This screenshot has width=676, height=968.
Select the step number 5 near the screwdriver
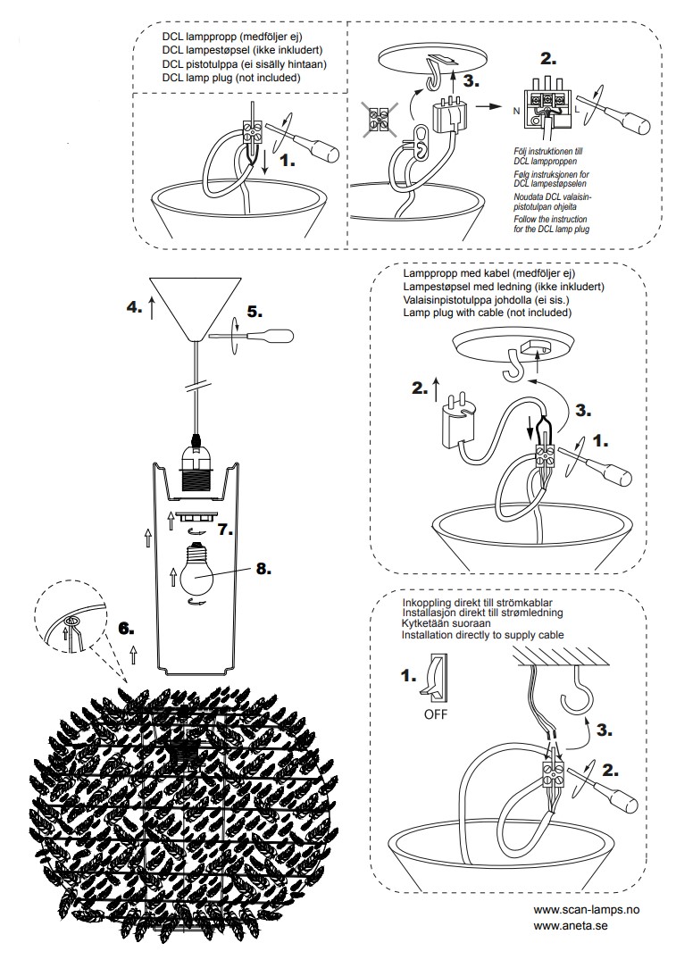(x=254, y=312)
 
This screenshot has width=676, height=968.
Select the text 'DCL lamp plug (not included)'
(x=231, y=79)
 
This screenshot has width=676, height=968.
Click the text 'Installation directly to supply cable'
(x=483, y=636)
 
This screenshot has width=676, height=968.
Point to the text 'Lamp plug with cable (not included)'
(x=488, y=313)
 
